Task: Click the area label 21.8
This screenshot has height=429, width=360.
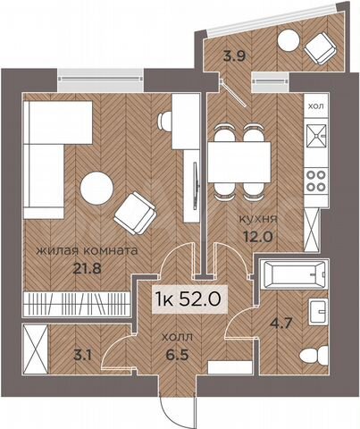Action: point(61,268)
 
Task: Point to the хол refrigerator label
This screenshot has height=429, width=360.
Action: point(316,106)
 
